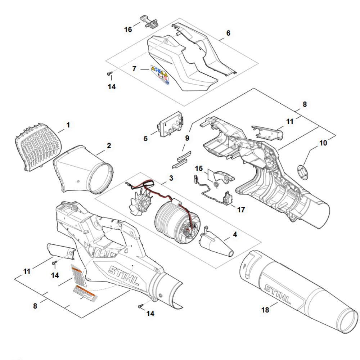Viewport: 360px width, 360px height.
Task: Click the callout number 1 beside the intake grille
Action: tap(68, 125)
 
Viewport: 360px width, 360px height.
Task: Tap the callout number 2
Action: tap(109, 146)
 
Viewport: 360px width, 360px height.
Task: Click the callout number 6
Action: tap(228, 33)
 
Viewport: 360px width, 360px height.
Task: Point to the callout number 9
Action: tap(186, 138)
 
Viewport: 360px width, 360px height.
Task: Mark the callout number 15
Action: tap(199, 168)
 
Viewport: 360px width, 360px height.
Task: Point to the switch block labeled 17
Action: tap(228, 199)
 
